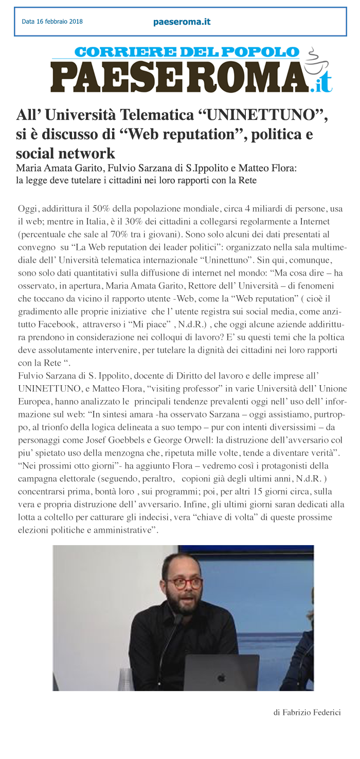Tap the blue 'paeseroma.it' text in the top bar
point(182,22)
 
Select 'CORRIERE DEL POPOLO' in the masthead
point(186,52)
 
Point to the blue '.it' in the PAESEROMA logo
point(321,84)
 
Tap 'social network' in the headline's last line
point(65,153)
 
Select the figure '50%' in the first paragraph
point(104,209)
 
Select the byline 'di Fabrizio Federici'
point(307,713)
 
